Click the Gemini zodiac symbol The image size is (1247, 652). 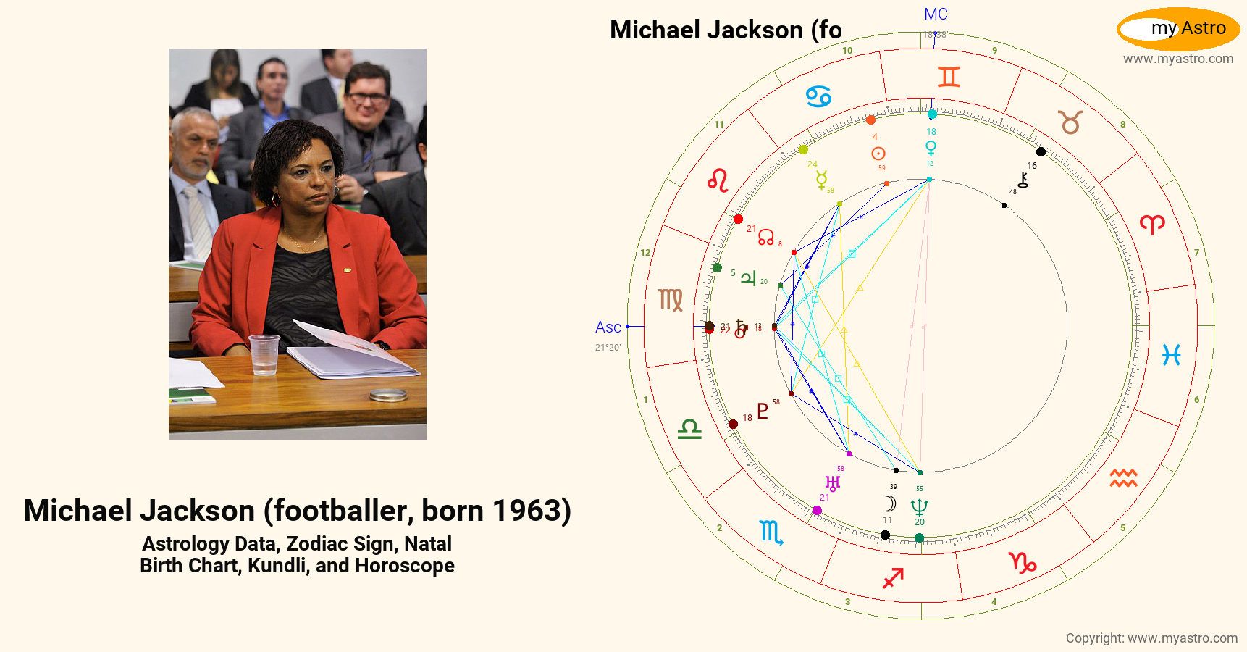[x=949, y=77]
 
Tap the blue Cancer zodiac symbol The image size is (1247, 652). [x=818, y=96]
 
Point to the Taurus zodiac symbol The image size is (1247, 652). [x=1071, y=122]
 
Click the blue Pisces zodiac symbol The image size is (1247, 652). [x=1171, y=354]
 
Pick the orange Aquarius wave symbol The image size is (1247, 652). [x=1123, y=478]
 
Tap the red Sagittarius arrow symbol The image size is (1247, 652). [x=893, y=577]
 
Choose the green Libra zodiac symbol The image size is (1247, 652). [x=689, y=429]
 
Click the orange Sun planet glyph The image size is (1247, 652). [x=878, y=154]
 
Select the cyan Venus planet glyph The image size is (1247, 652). [x=931, y=148]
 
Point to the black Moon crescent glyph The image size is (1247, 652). [x=890, y=503]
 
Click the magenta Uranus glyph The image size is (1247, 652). [x=833, y=483]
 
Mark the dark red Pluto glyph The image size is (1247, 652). [x=763, y=411]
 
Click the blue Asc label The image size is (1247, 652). [x=608, y=327]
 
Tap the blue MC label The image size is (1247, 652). [x=936, y=14]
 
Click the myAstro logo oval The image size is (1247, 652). [x=1178, y=29]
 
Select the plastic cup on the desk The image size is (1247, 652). [x=263, y=354]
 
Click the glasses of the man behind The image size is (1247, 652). [x=368, y=96]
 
